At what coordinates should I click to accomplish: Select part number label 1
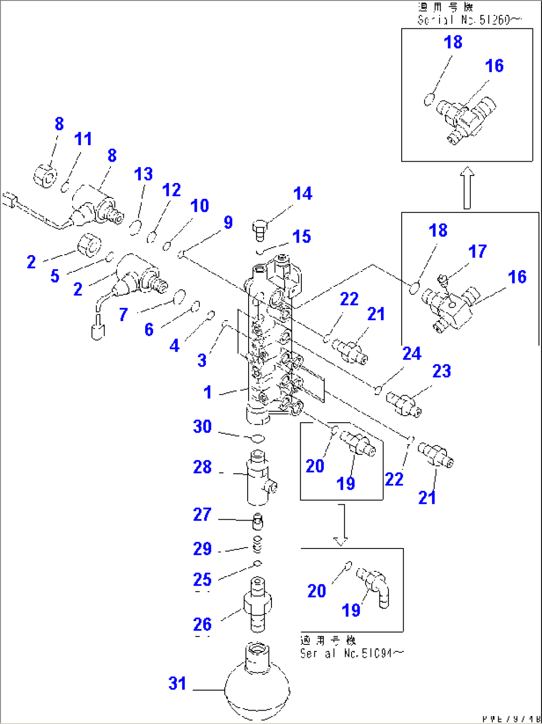pos(208,392)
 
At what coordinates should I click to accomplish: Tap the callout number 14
pos(302,193)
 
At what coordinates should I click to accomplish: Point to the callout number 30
pos(202,427)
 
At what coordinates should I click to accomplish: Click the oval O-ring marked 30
pos(257,438)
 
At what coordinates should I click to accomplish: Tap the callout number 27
pos(202,515)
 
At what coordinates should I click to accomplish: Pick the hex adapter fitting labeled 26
pos(257,605)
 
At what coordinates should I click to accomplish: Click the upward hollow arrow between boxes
pos(467,188)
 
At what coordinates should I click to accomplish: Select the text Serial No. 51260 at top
pos(469,20)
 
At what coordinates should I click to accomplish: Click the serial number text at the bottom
pos(352,653)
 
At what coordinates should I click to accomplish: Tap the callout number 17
pos(477,252)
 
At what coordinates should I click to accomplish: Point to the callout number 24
pos(412,354)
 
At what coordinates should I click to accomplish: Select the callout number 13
pos(143,175)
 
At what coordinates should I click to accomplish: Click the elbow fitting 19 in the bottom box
pos(374,587)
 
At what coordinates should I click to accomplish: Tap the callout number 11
pos(83,139)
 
